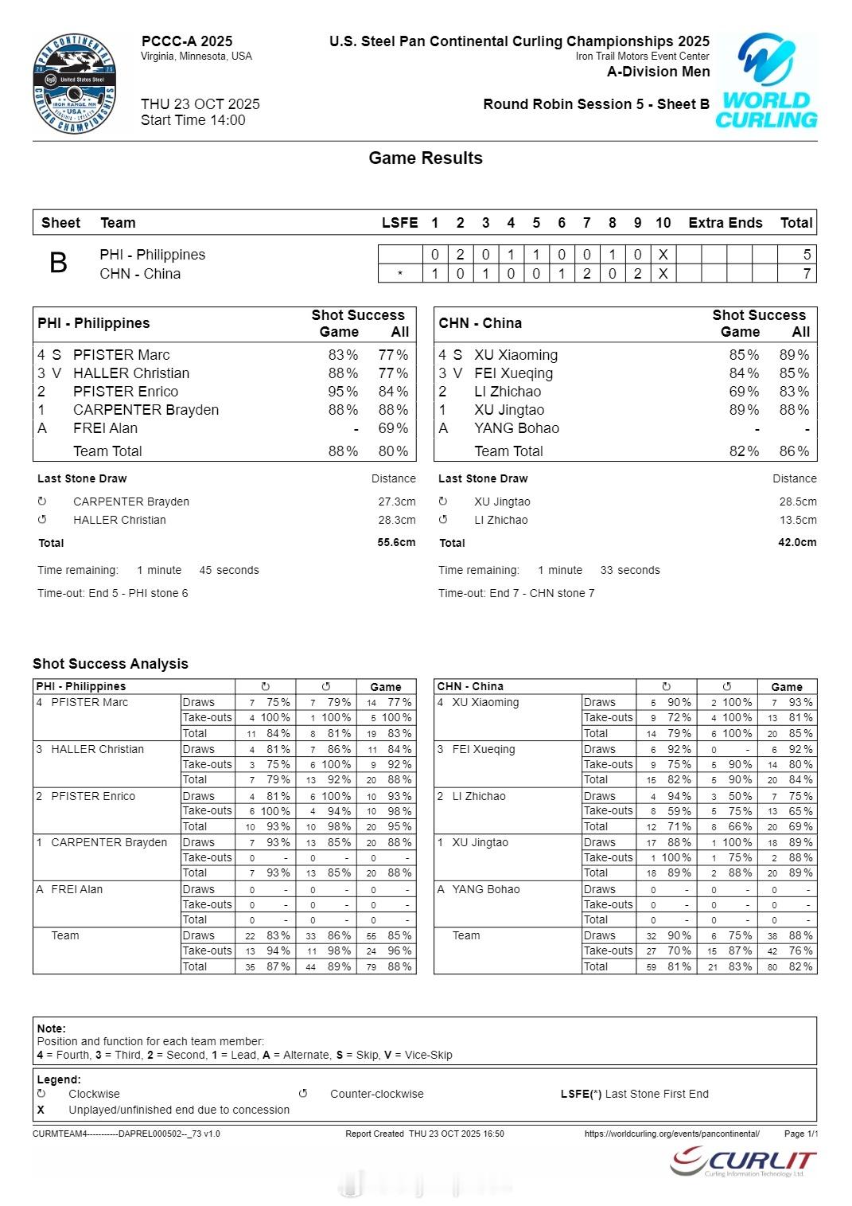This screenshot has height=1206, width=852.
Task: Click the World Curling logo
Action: tap(767, 81)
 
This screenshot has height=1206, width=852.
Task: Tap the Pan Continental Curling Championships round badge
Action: tap(75, 84)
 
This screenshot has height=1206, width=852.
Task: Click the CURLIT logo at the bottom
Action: tap(743, 1162)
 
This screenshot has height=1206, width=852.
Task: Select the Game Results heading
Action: tap(426, 158)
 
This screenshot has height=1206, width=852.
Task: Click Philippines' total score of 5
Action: tap(807, 255)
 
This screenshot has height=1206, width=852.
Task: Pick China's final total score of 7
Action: tap(807, 274)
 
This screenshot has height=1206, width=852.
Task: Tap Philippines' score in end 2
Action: tap(460, 255)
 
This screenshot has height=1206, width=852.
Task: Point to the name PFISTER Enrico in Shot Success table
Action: tap(126, 392)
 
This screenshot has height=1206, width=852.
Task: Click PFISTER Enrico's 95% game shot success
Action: tap(343, 392)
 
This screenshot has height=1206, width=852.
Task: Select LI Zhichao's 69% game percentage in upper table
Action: tap(744, 392)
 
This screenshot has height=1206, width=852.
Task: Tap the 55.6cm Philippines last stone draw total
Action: tap(396, 542)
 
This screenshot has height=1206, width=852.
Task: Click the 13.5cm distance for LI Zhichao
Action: tap(797, 520)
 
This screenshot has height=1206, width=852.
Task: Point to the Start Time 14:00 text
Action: tap(193, 120)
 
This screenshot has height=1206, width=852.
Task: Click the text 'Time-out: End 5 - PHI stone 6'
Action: tap(113, 593)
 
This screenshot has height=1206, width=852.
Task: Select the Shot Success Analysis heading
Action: tap(111, 664)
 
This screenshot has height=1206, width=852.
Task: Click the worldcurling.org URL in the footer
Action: tap(671, 1134)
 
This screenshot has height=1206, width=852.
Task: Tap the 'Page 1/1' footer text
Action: tap(800, 1134)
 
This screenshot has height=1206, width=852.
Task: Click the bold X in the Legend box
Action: tap(41, 1110)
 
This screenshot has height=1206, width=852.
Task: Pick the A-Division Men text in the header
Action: tap(658, 72)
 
